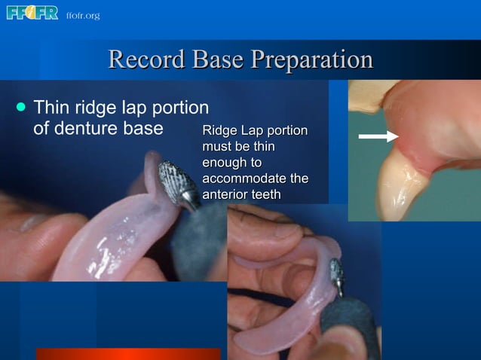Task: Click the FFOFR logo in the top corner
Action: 32,13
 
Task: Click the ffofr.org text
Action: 82,16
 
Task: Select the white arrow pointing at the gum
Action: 378,136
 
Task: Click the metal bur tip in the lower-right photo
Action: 336,276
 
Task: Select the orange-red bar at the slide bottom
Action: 128,354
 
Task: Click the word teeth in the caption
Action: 267,194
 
